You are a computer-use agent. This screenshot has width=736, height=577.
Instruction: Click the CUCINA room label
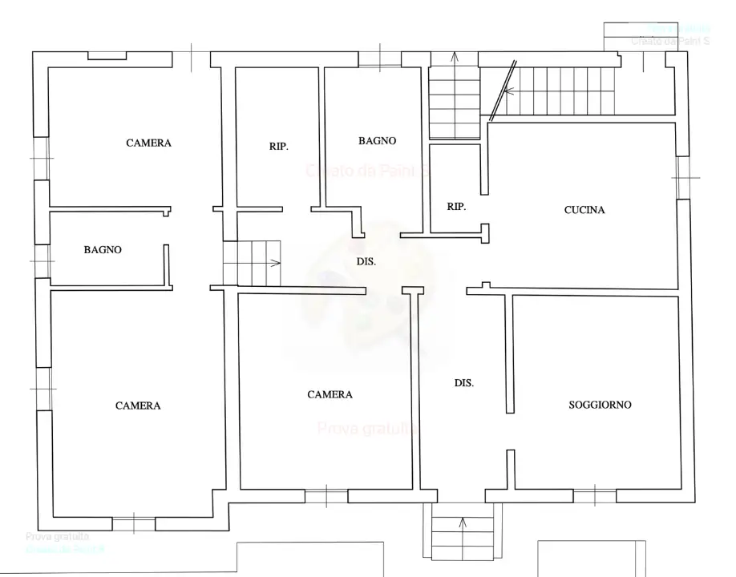click(x=584, y=210)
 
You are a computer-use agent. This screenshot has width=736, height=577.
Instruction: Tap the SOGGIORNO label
click(x=600, y=405)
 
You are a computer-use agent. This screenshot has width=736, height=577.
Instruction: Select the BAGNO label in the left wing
click(x=103, y=249)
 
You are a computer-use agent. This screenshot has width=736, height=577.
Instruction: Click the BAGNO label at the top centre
click(x=377, y=140)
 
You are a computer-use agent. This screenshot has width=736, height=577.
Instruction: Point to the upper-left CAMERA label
click(x=148, y=143)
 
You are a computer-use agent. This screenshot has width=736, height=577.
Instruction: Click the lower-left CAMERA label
click(x=138, y=406)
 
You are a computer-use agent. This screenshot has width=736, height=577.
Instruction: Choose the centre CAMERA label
click(x=330, y=394)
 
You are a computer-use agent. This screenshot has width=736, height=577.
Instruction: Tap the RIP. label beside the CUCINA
click(x=456, y=206)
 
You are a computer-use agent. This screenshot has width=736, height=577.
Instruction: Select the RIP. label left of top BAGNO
click(x=278, y=147)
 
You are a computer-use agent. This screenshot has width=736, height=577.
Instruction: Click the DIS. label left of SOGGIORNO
click(x=463, y=383)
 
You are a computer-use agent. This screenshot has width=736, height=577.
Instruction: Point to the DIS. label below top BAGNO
click(x=366, y=261)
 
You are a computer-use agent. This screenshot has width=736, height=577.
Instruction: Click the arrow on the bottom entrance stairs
click(x=463, y=523)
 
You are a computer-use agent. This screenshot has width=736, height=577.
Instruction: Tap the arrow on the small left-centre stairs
click(x=276, y=262)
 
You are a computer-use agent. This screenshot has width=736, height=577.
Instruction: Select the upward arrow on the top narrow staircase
click(x=455, y=57)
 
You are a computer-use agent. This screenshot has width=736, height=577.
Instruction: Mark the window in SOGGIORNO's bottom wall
click(x=594, y=496)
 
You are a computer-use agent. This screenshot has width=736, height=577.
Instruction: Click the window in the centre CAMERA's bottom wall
click(x=326, y=496)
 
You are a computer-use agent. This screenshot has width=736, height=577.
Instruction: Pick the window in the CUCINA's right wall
click(x=683, y=177)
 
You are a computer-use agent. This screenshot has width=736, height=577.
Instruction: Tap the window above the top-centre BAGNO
click(x=379, y=59)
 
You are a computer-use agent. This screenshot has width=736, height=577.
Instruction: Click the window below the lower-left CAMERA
click(x=133, y=525)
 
